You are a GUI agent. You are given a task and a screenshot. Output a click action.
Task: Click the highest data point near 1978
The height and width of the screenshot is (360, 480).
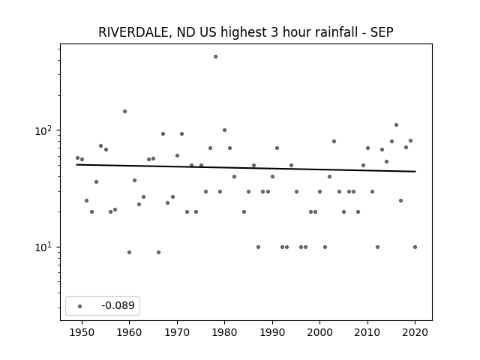click(x=215, y=57)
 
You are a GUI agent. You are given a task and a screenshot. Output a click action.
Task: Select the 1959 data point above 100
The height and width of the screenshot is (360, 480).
click(x=125, y=112)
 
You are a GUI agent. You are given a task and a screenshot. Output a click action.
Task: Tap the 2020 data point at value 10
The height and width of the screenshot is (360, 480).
click(x=415, y=247)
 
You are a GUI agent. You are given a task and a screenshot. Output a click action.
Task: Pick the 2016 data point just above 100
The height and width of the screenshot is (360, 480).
click(x=397, y=125)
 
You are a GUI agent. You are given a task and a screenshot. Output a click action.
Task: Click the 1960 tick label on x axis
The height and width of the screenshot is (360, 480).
click(x=129, y=332)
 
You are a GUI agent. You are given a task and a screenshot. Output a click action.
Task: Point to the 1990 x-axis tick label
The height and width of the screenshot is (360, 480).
click(x=272, y=332)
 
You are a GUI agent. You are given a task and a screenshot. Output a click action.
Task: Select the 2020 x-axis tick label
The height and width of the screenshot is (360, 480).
click(x=415, y=332)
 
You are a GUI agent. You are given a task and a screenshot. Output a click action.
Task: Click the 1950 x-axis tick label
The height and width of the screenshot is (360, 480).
click(x=82, y=332)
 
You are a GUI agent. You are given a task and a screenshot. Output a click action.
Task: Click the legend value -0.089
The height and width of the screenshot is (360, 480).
click(x=118, y=305)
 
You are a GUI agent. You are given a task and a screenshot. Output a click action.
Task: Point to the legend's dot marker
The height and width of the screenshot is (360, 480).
click(x=80, y=306)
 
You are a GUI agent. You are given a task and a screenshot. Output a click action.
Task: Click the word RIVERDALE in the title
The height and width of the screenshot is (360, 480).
click(x=133, y=32)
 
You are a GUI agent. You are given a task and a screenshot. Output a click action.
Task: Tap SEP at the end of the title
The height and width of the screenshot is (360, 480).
click(x=382, y=32)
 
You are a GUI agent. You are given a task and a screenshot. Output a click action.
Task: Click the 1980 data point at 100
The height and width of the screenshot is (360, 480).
click(x=224, y=130)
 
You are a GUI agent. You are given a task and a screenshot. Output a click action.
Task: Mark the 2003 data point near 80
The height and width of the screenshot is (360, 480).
click(x=334, y=142)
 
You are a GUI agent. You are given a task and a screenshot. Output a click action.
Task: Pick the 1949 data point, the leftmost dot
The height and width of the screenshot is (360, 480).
click(x=77, y=158)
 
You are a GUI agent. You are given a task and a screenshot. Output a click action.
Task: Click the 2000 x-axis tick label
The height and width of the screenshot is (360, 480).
click(x=320, y=332)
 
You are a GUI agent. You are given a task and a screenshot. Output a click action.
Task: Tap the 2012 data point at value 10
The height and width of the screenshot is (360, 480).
click(x=377, y=247)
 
